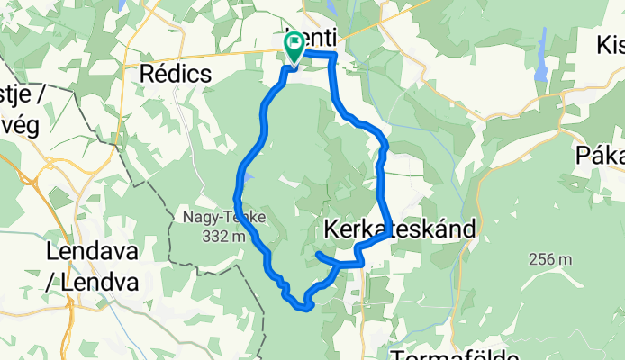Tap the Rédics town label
coord(176,74)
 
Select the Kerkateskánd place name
coord(397,229)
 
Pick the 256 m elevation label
coord(553,260)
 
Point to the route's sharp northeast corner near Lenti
coord(334,57)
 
